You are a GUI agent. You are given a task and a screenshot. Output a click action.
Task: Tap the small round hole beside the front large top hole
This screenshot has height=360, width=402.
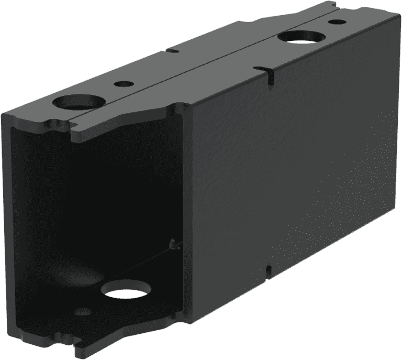124,83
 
